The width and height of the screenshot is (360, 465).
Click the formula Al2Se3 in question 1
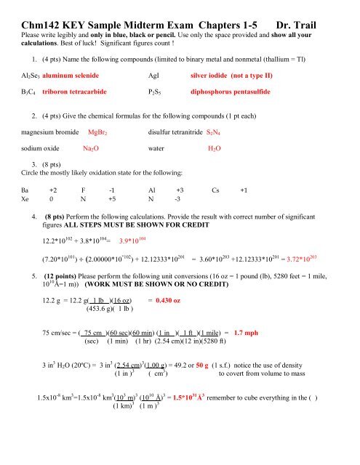[x=19, y=75]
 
